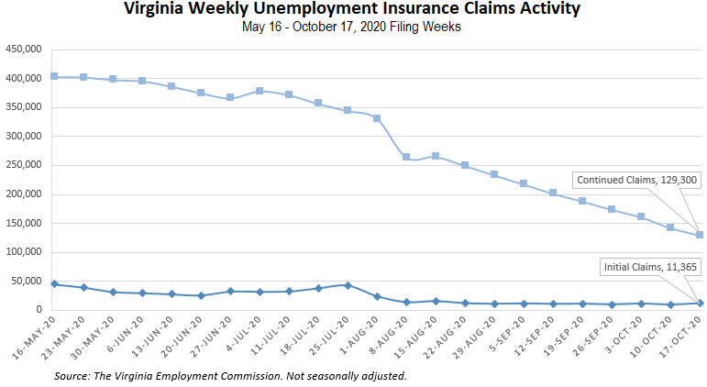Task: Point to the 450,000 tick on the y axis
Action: [x=22, y=49]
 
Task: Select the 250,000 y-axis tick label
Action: [x=22, y=165]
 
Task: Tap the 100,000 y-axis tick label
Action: [x=22, y=252]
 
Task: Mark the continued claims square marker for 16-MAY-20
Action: [x=54, y=76]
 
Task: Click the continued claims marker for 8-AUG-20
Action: [x=406, y=157]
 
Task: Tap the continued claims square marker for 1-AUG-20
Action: [x=377, y=118]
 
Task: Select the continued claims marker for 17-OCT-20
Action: [x=700, y=235]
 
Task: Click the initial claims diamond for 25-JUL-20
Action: [x=348, y=285]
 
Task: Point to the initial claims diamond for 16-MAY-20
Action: [x=54, y=284]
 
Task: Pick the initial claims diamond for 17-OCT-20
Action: [x=700, y=304]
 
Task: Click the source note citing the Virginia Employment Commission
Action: [x=230, y=376]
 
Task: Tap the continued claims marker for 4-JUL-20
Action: [x=260, y=91]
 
